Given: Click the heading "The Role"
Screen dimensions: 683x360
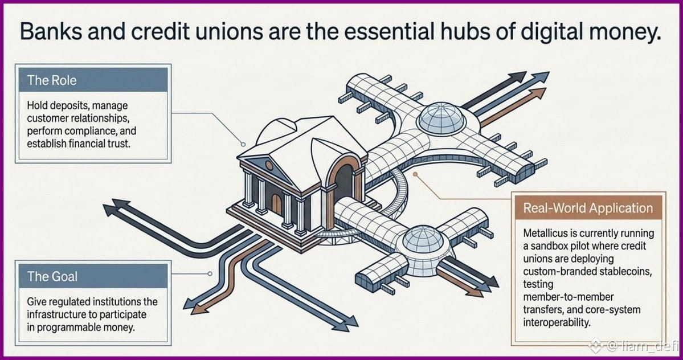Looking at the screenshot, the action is point(51,80).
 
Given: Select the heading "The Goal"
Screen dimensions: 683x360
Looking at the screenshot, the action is point(52,276).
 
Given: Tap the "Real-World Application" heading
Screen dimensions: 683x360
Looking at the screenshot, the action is point(588,208).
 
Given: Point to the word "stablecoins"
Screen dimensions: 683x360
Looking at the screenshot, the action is point(625,272).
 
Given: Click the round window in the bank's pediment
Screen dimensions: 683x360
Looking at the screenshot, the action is point(269,165).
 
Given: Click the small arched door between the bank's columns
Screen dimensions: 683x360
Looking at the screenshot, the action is point(276,204).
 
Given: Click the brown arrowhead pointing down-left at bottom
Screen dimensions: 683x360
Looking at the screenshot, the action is point(198,309).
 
